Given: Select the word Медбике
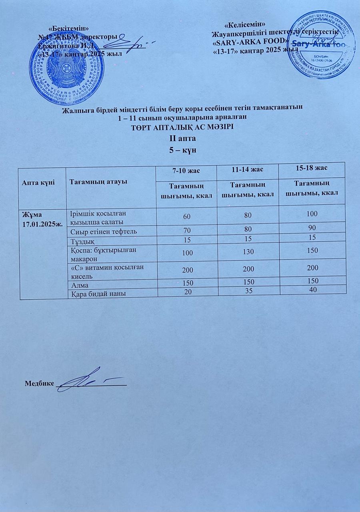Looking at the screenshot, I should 39,383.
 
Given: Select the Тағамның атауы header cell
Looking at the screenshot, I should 98,182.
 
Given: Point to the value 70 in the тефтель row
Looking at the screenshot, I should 187,231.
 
